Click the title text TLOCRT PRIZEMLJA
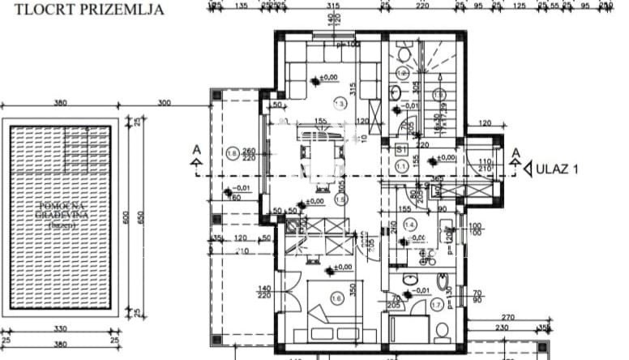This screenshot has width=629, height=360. tap(84, 11)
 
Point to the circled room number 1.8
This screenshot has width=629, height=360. tap(233, 153)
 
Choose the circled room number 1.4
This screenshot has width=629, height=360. tap(411, 225)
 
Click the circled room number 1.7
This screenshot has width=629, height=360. tap(438, 305)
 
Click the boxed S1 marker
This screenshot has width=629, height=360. tap(401, 150)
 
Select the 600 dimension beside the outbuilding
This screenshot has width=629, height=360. tap(126, 217)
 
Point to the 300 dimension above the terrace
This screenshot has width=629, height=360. tap(165, 103)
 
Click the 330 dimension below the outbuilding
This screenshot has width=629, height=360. tap(60, 329)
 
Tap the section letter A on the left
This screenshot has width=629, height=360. tap(196, 151)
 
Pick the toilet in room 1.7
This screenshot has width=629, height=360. tap(442, 331)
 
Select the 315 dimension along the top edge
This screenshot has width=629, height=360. tap(332, 5)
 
